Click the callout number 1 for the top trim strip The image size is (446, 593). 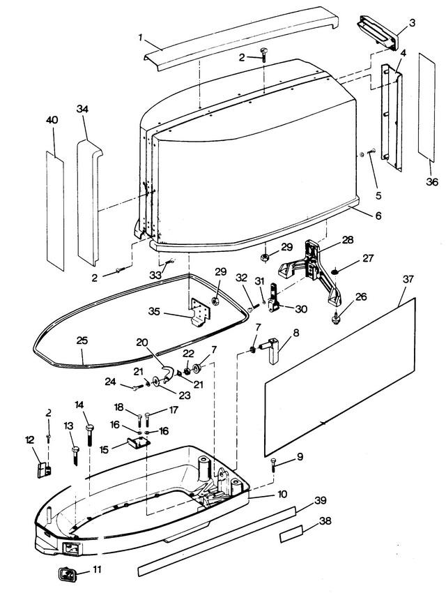coord(141,38)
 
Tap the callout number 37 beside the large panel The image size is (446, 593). coord(408,280)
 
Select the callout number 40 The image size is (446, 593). coord(52,120)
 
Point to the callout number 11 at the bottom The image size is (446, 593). coord(97,569)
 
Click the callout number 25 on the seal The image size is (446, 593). coord(82,340)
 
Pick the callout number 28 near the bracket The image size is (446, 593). coord(348,240)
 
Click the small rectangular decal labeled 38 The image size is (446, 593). coord(291,534)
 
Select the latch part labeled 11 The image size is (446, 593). coord(66,573)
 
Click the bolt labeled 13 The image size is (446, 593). coord(75,456)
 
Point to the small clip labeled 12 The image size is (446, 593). coord(44,470)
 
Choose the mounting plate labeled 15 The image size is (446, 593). coord(138,442)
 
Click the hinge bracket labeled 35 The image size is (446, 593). coord(200,312)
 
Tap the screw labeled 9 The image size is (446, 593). coord(274,464)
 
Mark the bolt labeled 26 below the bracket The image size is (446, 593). coord(334,319)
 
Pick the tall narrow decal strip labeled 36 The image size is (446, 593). coord(426,107)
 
